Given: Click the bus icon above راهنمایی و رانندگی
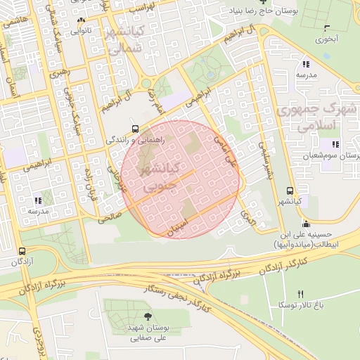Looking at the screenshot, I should pyautogui.click(x=134, y=129).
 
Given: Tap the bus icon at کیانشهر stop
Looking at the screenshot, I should pyautogui.click(x=290, y=191).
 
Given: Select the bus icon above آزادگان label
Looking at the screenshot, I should pyautogui.click(x=22, y=250).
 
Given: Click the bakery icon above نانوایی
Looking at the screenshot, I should pyautogui.click(x=82, y=20).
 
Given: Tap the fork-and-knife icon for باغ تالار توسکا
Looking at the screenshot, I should pyautogui.click(x=302, y=294).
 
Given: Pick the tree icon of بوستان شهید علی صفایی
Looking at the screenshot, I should pyautogui.click(x=146, y=317).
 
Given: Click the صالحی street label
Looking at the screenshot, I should pyautogui.click(x=110, y=219).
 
